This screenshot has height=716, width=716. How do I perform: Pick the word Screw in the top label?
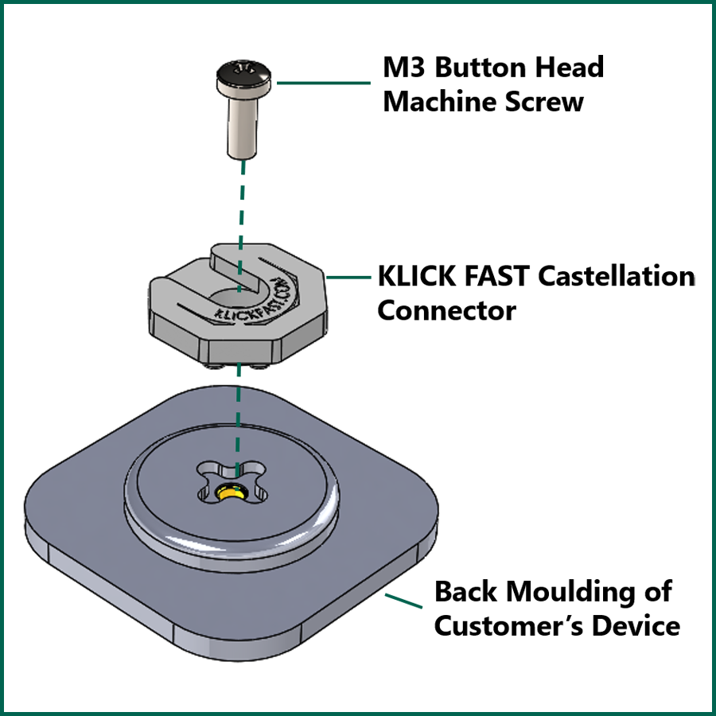tap(553, 102)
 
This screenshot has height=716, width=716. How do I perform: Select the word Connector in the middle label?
tap(446, 310)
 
